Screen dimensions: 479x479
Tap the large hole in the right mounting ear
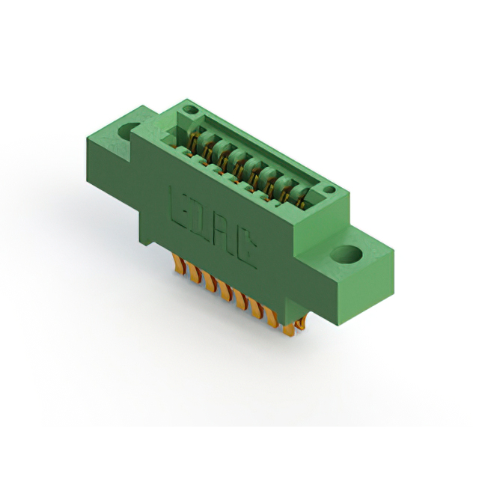(347, 254)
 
